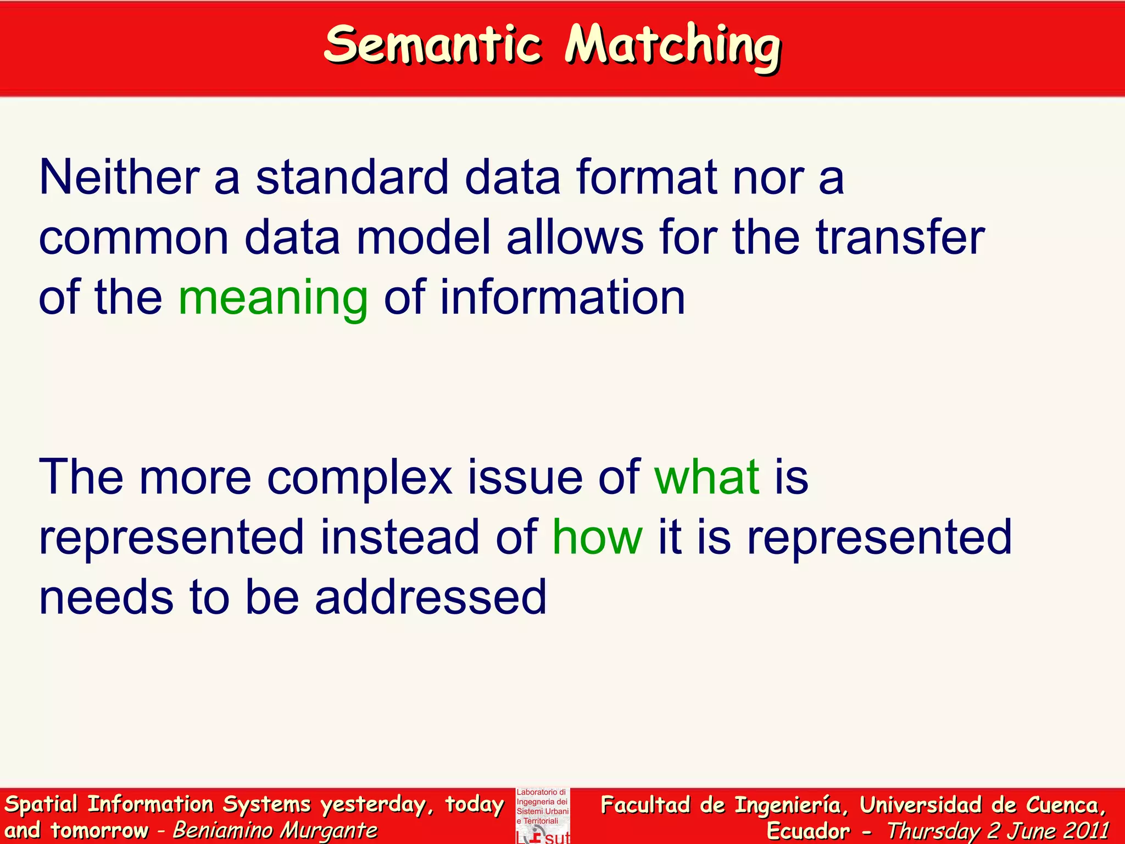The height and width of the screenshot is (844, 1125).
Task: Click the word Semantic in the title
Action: tap(432, 45)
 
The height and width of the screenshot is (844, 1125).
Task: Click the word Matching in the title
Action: tap(673, 47)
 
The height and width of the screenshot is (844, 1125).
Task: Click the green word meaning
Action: tap(273, 298)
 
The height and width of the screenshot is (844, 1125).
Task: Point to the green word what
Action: tap(707, 476)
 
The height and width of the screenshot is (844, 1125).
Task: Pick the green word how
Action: tap(597, 537)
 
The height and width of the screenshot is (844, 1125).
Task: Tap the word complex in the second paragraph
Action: tap(360, 477)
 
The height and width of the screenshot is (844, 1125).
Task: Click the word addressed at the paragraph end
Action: tap(431, 597)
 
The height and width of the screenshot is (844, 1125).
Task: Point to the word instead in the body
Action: tap(400, 537)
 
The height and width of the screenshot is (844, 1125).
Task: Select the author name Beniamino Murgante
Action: tap(275, 830)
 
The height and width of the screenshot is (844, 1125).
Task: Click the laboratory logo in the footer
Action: tap(543, 816)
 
